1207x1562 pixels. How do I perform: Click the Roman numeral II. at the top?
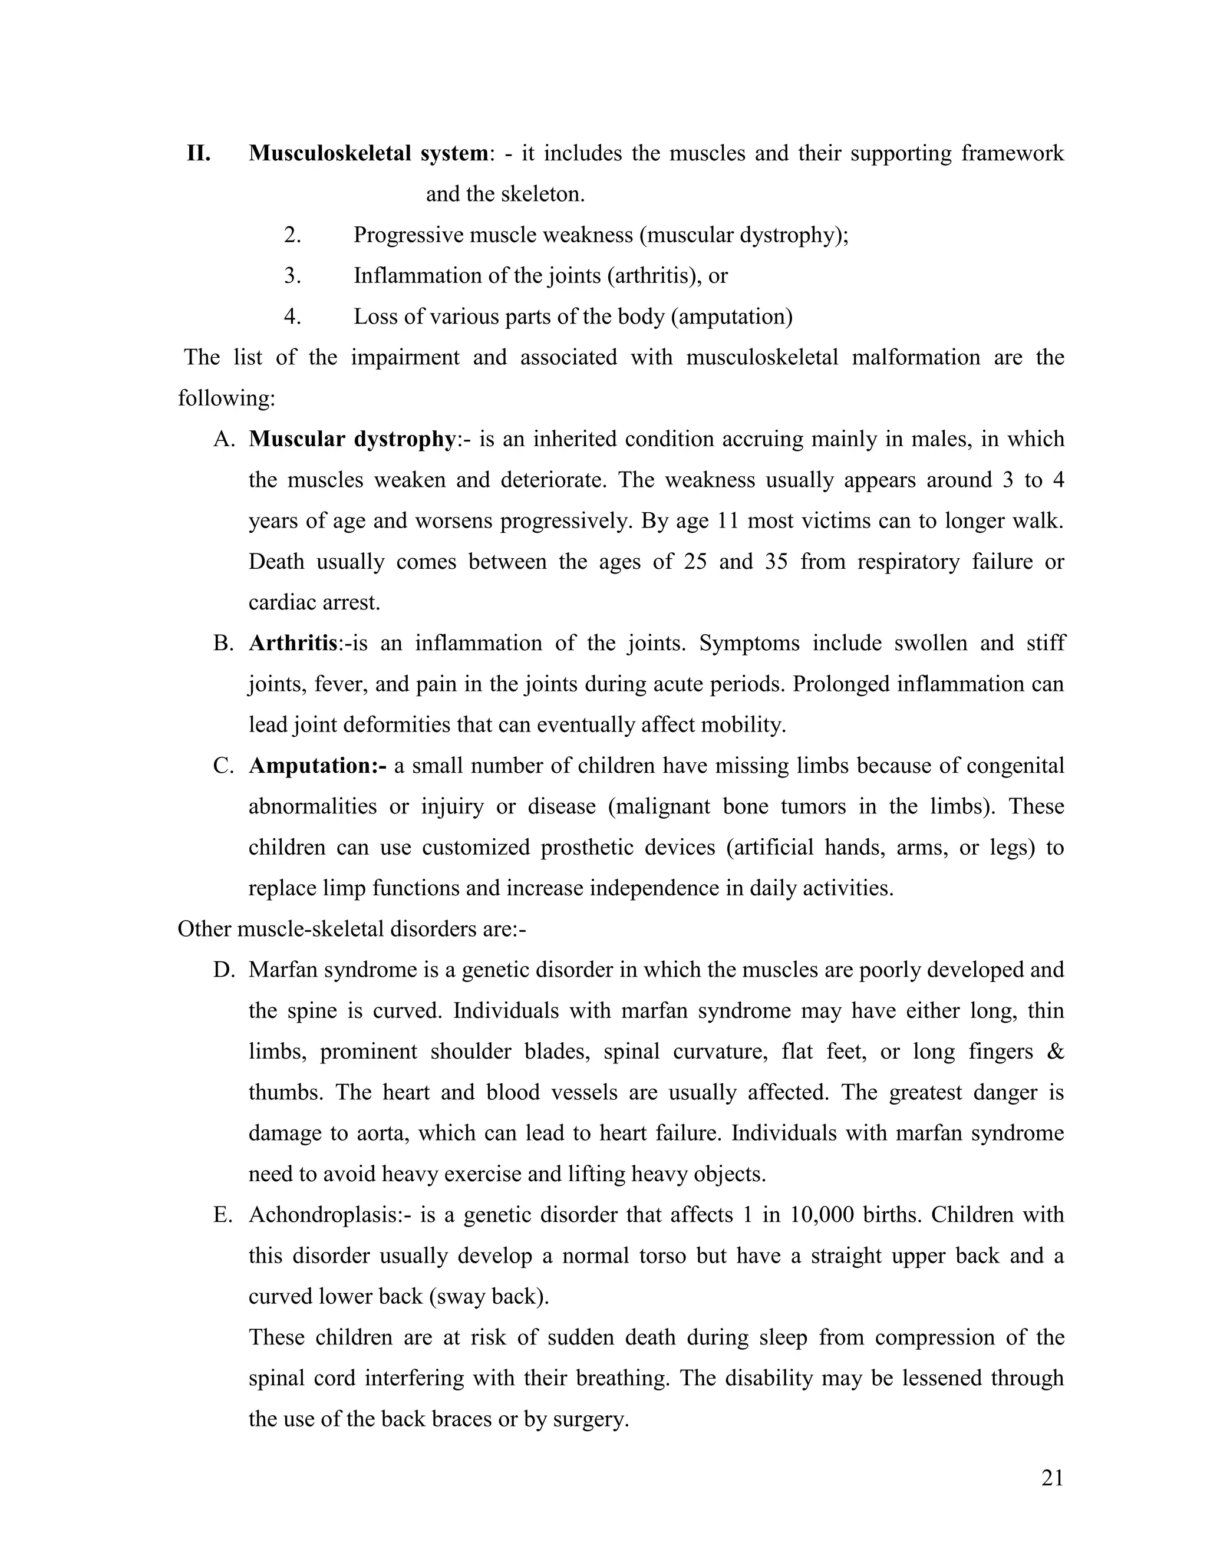click(198, 153)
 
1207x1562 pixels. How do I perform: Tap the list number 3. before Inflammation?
click(292, 275)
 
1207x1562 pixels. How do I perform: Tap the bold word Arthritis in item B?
click(292, 643)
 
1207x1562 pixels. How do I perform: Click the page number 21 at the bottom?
click(1052, 1478)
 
